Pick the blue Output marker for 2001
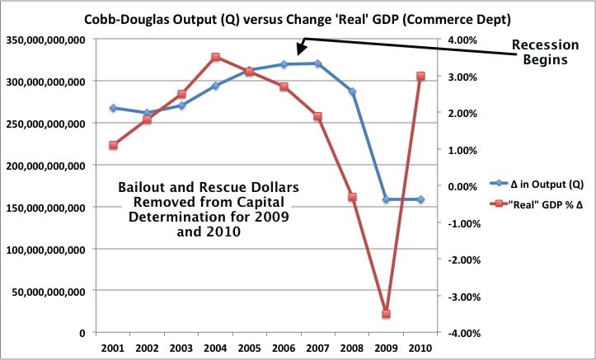[112, 108]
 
